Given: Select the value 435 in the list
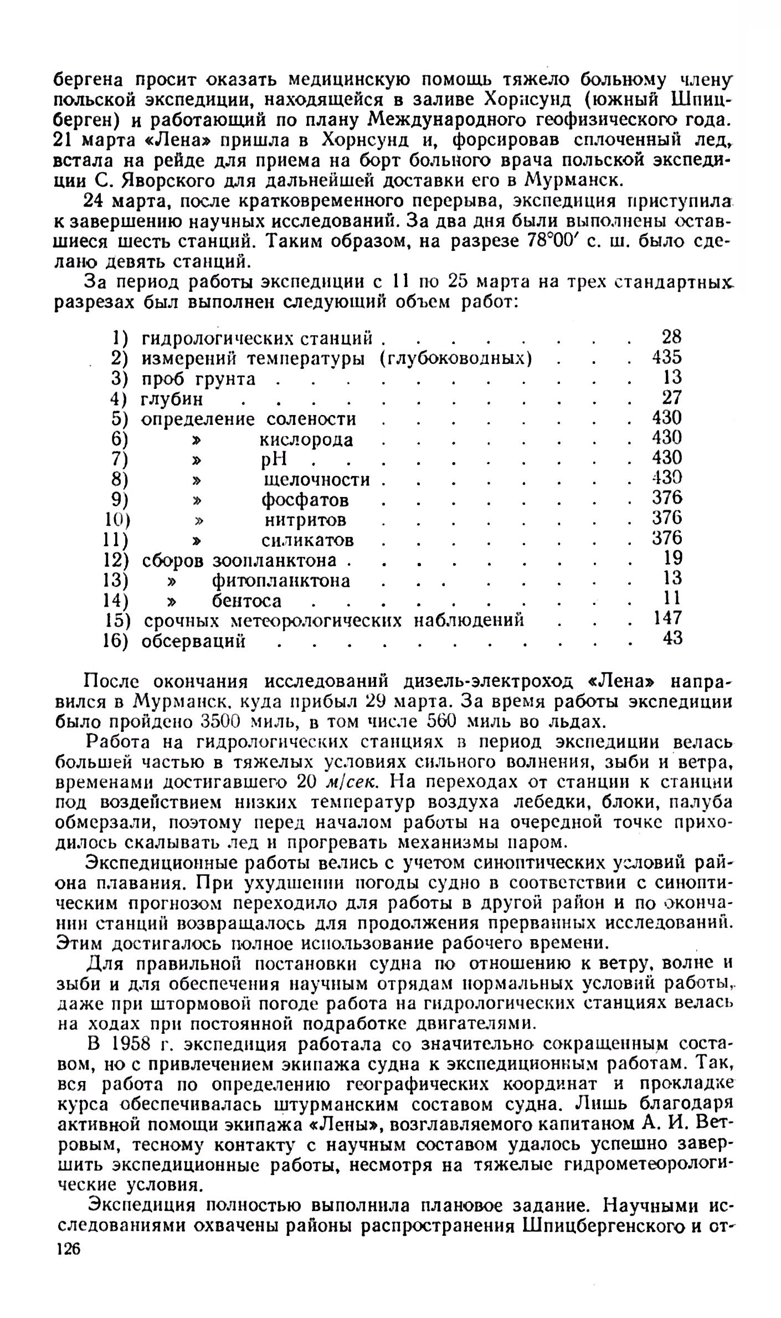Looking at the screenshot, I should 666,357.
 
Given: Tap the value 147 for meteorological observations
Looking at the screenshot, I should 666,618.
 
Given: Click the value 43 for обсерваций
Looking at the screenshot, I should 672,638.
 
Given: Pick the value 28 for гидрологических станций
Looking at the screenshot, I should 671,337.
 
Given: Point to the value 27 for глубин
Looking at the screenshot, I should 672,398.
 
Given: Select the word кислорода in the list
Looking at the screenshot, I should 306,440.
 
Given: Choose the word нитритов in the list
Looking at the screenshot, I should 305,520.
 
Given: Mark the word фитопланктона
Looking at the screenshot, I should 281,581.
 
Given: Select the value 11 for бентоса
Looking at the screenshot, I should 672,598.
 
